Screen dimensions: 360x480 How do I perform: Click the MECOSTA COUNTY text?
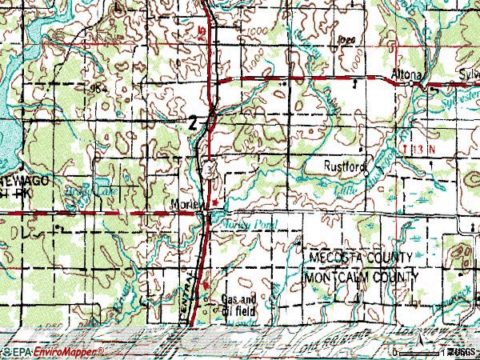pyautogui.click(x=360, y=258)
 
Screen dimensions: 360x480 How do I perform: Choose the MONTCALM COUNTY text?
pyautogui.click(x=362, y=276)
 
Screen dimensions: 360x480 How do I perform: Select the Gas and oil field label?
pyautogui.click(x=238, y=305)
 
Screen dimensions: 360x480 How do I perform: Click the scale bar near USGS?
pyautogui.click(x=416, y=350)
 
